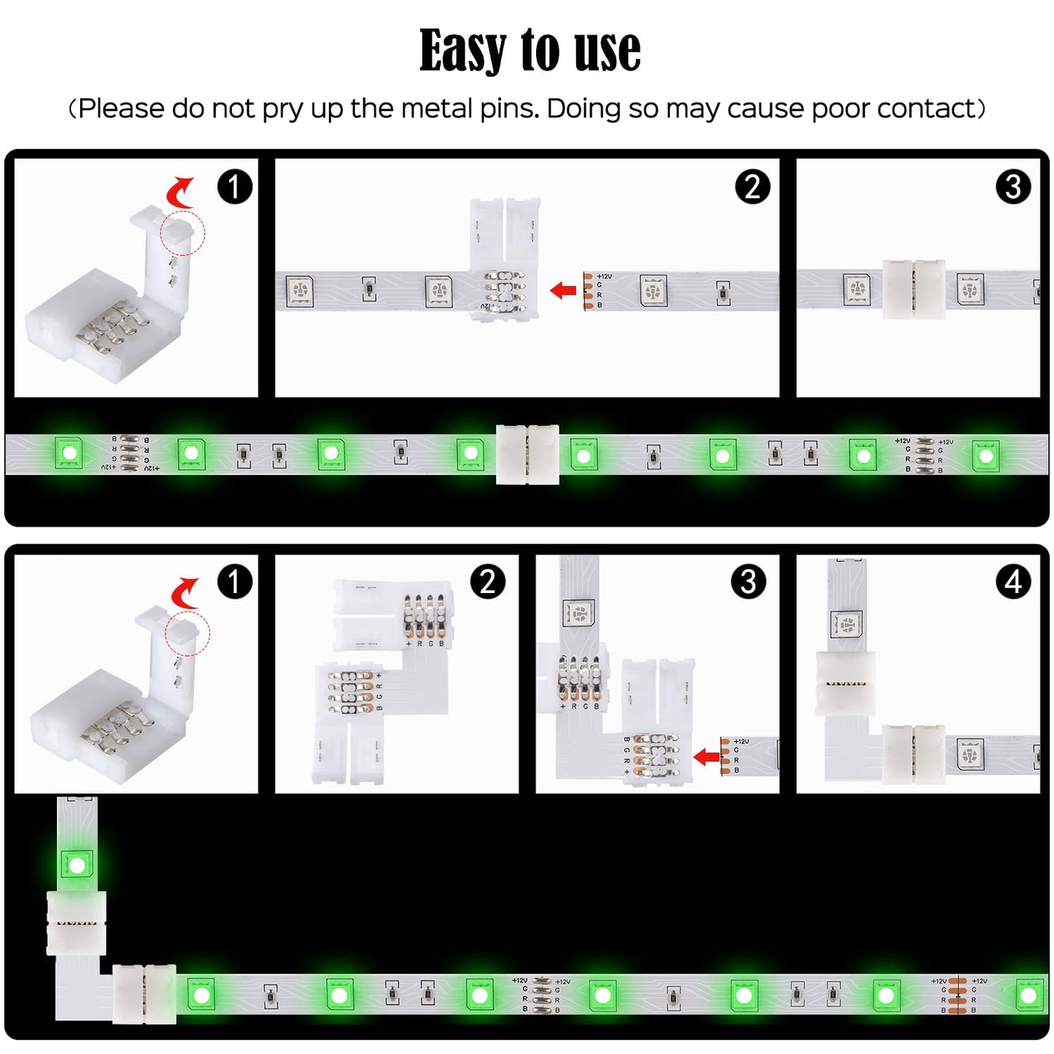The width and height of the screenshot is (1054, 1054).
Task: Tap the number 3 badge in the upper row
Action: tap(1012, 187)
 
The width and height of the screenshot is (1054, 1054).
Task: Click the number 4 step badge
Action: tap(1012, 582)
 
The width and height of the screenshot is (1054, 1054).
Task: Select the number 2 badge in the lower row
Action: tap(487, 582)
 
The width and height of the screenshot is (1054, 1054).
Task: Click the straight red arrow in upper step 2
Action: tap(563, 290)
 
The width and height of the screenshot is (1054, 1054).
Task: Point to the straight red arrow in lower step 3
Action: tap(706, 756)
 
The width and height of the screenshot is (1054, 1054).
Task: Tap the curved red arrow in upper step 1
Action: tap(179, 192)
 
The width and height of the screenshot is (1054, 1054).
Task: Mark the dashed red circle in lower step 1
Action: tap(187, 634)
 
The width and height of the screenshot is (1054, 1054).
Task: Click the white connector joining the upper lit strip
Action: tap(527, 454)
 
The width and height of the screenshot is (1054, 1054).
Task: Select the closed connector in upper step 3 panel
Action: tap(914, 289)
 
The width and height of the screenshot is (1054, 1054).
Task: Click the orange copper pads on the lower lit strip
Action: tap(957, 996)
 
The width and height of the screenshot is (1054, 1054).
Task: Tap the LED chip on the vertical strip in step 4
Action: tap(846, 625)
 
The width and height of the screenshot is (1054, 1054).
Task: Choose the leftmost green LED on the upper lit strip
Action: tap(69, 453)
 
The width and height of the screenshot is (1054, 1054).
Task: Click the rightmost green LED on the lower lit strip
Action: tap(1028, 995)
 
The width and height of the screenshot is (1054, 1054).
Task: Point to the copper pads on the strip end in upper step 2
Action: tap(589, 290)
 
